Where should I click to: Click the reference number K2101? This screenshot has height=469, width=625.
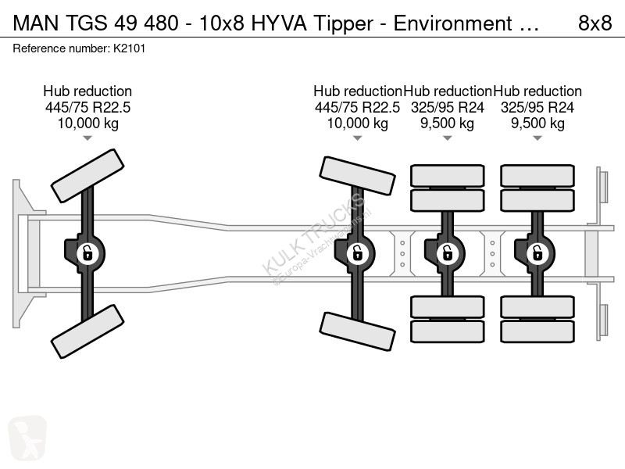tap(129, 48)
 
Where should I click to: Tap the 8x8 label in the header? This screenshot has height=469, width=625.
tap(595, 23)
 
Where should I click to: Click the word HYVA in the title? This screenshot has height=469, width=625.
tap(279, 23)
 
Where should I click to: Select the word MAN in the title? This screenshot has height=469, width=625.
tap(36, 23)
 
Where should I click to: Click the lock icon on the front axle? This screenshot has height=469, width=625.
tap(87, 253)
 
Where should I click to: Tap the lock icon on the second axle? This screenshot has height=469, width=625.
tap(357, 253)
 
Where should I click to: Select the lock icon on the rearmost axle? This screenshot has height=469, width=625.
tap(537, 253)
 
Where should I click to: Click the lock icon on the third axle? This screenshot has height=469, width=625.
tap(447, 253)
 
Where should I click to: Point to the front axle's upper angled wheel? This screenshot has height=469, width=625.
tap(87, 176)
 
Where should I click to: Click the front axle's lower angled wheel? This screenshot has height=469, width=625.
tap(87, 331)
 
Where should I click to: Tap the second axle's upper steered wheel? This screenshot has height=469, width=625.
tap(358, 176)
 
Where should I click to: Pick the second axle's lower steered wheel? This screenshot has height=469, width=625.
tap(358, 331)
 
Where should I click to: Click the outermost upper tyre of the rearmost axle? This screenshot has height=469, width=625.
tap(537, 175)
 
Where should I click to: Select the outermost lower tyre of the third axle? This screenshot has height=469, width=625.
tap(447, 331)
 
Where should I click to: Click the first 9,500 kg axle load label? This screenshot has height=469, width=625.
tap(447, 124)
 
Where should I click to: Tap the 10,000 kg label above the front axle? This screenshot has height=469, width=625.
tap(87, 124)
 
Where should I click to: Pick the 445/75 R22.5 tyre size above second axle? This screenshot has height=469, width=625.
tap(357, 107)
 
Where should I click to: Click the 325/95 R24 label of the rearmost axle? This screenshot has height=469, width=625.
tap(537, 107)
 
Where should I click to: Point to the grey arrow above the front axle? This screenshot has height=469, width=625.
tap(87, 138)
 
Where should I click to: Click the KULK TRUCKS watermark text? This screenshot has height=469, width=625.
tap(313, 234)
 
